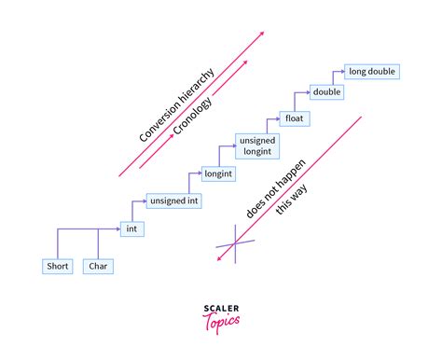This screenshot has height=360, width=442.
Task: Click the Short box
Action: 58,267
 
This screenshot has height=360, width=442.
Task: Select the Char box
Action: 98,267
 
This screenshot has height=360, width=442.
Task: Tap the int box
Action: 133,228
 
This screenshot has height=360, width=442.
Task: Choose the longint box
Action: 218,173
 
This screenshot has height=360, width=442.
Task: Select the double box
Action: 327,92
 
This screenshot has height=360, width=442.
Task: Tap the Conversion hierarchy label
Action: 177,104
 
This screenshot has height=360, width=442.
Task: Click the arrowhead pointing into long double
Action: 340,71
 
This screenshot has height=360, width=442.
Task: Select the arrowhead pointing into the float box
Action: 277,118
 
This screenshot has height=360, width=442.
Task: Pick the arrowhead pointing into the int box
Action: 118,228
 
